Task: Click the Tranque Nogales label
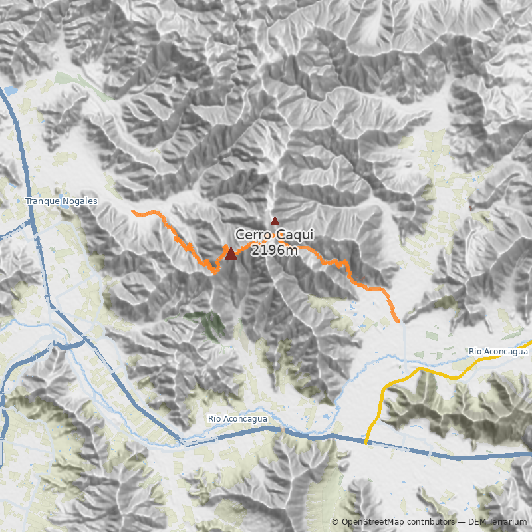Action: click(x=61, y=201)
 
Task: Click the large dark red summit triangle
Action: click(x=231, y=253)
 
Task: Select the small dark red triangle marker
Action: click(x=275, y=220)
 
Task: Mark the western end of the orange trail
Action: click(x=133, y=211)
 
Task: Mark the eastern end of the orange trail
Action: click(x=398, y=321)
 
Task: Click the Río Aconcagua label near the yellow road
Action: click(x=497, y=351)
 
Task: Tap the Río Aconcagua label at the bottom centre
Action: click(x=237, y=418)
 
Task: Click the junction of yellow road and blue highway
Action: click(x=366, y=442)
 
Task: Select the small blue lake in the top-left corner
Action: click(x=10, y=90)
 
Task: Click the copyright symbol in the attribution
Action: click(x=335, y=522)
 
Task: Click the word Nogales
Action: click(x=80, y=201)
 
